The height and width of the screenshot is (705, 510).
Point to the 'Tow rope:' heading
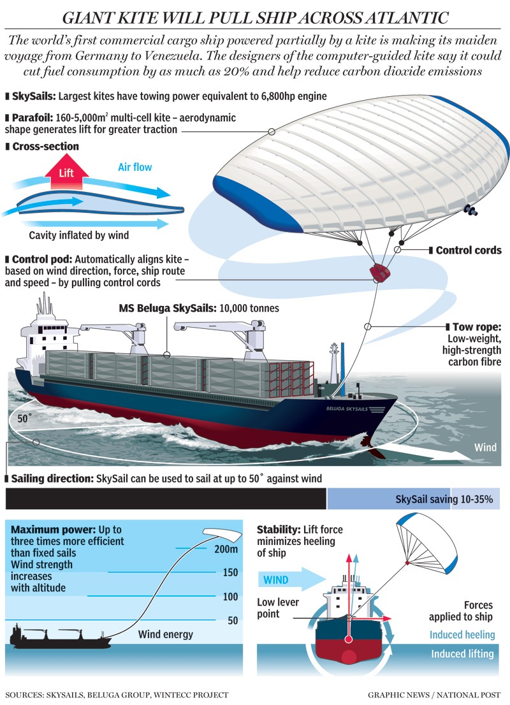click(x=476, y=326)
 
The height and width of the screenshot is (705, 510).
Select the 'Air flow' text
click(x=135, y=168)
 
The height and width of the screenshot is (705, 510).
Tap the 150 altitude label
click(x=230, y=572)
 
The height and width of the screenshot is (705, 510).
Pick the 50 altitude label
click(x=232, y=620)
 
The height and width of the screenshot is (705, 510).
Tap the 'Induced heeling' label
click(x=462, y=634)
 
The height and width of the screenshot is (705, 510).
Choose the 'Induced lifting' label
click(x=462, y=654)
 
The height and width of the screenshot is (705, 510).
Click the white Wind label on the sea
click(x=485, y=447)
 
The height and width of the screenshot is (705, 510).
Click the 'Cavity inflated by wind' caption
click(x=79, y=235)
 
